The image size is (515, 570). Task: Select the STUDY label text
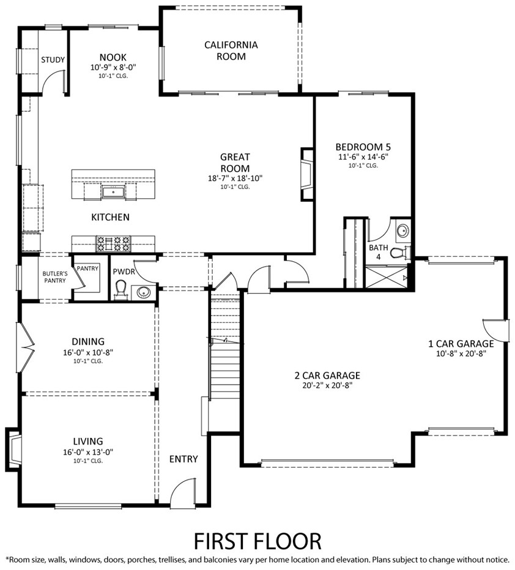53,60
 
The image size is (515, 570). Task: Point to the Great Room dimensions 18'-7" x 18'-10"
235,179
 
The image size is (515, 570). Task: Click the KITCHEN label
110,217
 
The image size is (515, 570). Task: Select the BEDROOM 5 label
363,147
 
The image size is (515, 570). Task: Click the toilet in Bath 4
398,252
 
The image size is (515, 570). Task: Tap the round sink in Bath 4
402,231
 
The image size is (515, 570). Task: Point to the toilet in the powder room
122,289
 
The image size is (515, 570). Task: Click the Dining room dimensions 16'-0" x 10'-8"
88,352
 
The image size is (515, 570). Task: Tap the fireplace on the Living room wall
13,450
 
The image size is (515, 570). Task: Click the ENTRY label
183,459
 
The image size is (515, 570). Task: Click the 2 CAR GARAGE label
327,376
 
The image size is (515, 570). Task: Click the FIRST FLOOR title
257,541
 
